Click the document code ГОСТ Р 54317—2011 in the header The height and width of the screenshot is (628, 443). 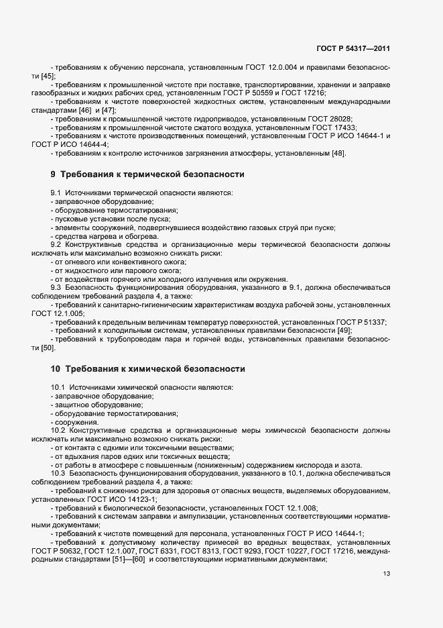coord(353,48)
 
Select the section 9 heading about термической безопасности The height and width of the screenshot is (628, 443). coord(147,174)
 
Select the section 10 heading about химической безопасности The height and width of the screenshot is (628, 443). coord(148,369)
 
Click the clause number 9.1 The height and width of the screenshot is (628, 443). coord(56,193)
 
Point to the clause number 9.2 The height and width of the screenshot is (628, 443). coord(56,245)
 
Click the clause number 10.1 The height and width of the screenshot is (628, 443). coord(58,388)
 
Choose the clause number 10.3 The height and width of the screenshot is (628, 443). coord(58,474)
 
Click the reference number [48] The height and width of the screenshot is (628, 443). coord(338,154)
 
